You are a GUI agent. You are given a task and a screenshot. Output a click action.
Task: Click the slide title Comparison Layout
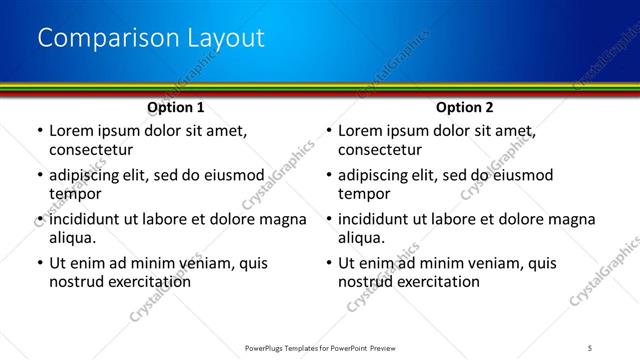pos(151,38)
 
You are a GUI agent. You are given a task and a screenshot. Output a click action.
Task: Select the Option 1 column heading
pos(176,107)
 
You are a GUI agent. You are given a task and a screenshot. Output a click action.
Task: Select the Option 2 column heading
pos(465,107)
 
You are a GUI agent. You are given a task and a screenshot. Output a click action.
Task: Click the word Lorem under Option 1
pos(72,130)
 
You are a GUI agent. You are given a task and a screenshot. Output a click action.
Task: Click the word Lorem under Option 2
pos(362,130)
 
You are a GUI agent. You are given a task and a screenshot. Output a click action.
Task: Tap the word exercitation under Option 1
pos(148,282)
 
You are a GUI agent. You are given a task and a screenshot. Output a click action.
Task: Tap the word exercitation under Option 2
pos(438,282)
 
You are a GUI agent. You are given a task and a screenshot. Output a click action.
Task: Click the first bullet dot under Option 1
pos(39,131)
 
